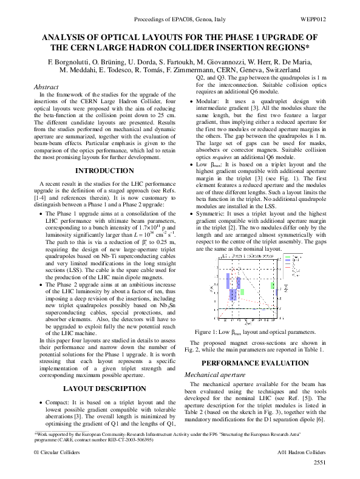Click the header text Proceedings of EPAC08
152,20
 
